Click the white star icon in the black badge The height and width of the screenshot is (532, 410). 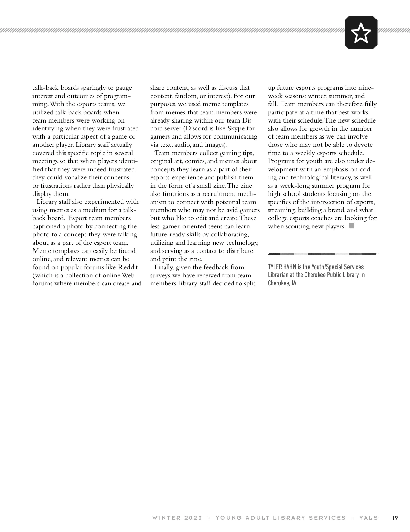tap(361, 33)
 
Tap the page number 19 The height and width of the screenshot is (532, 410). tap(395, 518)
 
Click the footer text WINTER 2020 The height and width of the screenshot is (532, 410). tap(177, 518)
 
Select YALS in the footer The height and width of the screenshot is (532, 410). tap(369, 518)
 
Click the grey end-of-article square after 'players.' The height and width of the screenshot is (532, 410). tap(352, 226)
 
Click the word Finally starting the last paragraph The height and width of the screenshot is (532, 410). tap(165, 267)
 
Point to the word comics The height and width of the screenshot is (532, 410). tap(195, 161)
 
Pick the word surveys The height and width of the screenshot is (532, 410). tap(161, 275)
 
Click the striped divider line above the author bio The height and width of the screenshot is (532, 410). tap(322, 254)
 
